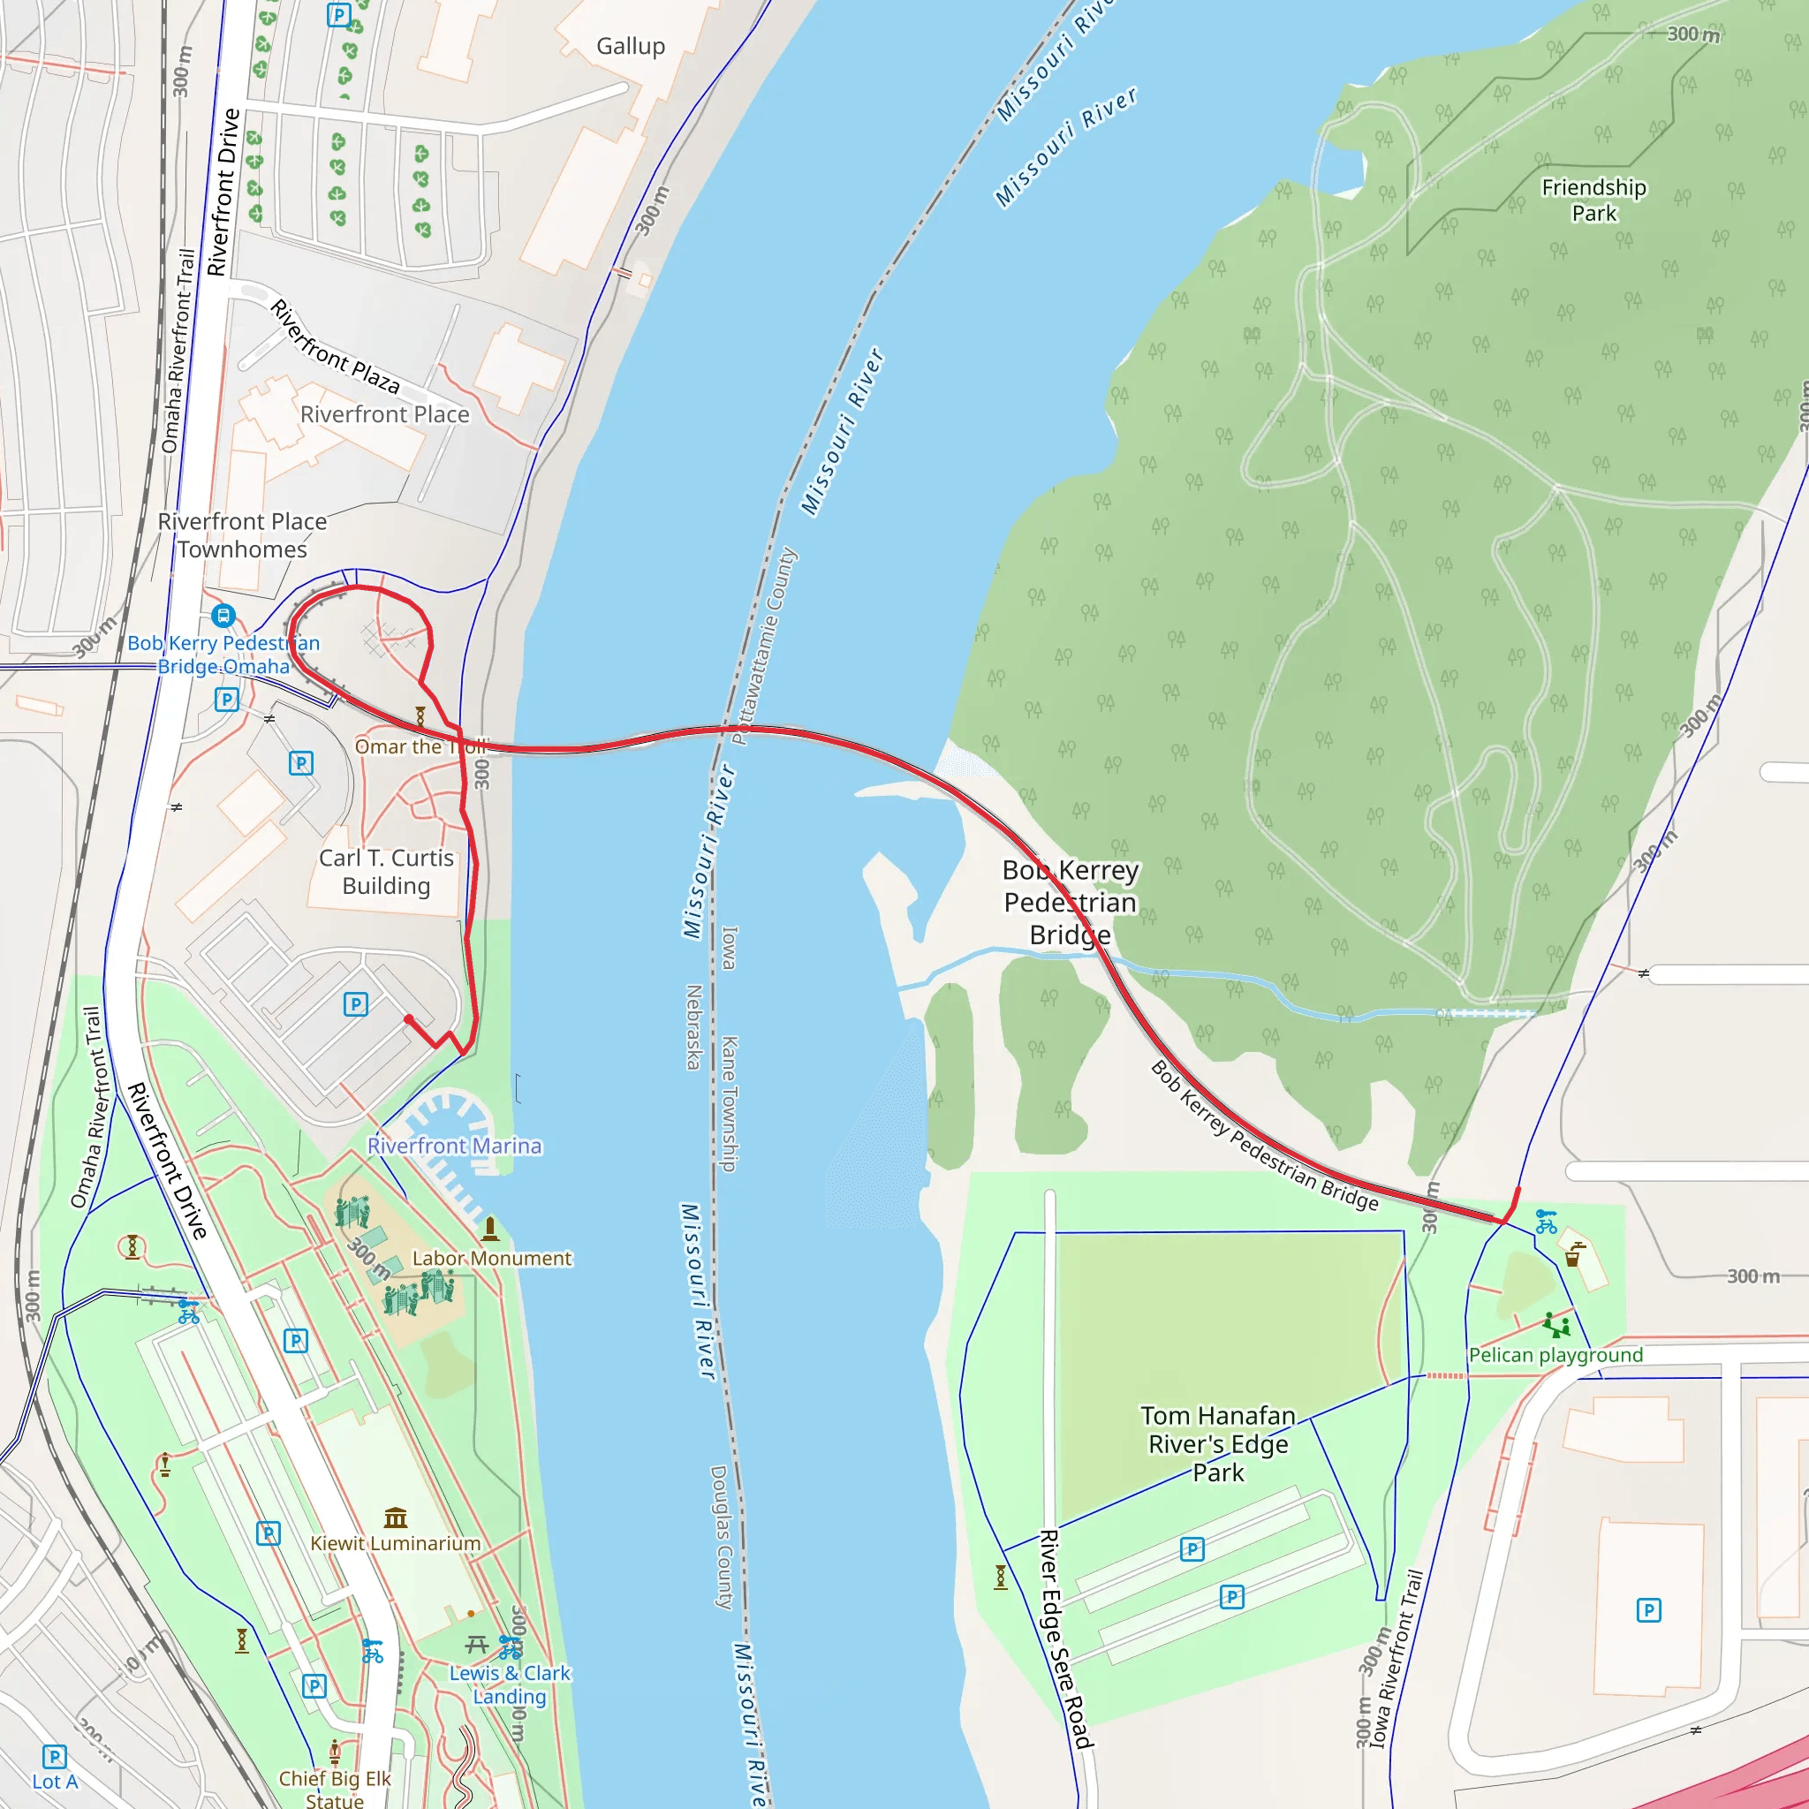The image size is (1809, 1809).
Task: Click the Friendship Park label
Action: pyautogui.click(x=1593, y=201)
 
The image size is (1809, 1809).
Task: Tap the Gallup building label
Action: pyautogui.click(x=630, y=46)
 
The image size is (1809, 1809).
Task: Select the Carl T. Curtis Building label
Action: pyautogui.click(x=386, y=872)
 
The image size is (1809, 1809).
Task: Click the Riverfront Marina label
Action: pyautogui.click(x=454, y=1146)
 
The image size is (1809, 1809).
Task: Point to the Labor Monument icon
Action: pyautogui.click(x=488, y=1228)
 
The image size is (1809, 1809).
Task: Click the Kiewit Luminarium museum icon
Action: pyautogui.click(x=395, y=1518)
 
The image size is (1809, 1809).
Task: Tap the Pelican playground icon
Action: pyautogui.click(x=1556, y=1325)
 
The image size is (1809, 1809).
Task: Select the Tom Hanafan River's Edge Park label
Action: pyautogui.click(x=1218, y=1445)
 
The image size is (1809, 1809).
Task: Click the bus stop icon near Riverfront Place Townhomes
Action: pyautogui.click(x=223, y=615)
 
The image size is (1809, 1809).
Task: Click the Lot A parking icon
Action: pyautogui.click(x=54, y=1757)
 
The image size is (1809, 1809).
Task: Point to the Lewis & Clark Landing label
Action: pyautogui.click(x=510, y=1684)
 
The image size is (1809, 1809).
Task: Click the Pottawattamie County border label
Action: pyautogui.click(x=764, y=646)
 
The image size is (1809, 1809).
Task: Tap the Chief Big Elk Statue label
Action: pyautogui.click(x=334, y=1789)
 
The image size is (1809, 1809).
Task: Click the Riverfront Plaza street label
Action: pyautogui.click(x=335, y=346)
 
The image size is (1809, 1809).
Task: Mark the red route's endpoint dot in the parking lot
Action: pyautogui.click(x=408, y=1018)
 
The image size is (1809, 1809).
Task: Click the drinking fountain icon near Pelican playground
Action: pyautogui.click(x=1573, y=1253)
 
